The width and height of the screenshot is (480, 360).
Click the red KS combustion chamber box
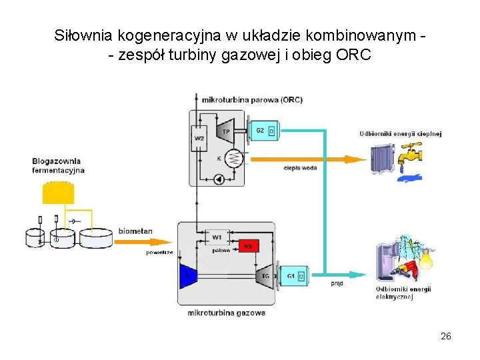248,247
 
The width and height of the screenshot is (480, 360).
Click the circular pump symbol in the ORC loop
218,179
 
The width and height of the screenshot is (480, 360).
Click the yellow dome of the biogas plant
59,193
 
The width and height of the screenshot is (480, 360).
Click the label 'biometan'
135,231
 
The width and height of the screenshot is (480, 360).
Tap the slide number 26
446,336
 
